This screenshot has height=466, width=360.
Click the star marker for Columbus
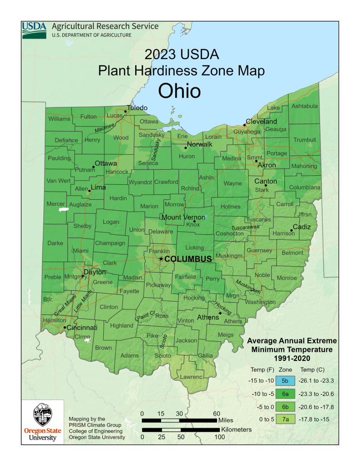click(161, 258)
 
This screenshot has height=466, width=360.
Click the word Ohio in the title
click(179, 91)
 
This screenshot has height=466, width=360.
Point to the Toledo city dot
click(126, 111)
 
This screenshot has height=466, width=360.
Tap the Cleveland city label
click(261, 122)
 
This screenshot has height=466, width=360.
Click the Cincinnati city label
click(83, 328)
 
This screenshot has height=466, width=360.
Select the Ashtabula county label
click(304, 106)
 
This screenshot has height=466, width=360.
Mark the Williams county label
click(60, 119)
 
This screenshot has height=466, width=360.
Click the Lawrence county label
click(191, 377)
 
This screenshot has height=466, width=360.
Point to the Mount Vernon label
click(183, 217)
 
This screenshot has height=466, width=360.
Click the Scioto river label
click(163, 341)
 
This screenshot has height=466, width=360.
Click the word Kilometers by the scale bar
click(236, 430)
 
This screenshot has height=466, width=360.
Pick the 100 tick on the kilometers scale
click(219, 437)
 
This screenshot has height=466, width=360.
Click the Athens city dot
click(220, 313)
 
